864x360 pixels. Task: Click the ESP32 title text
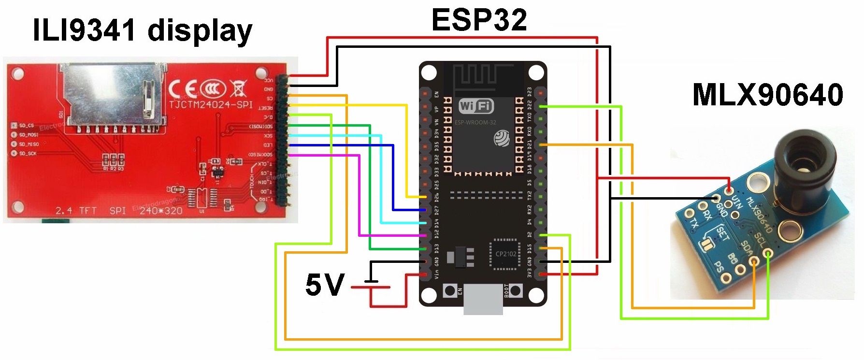pyautogui.click(x=479, y=20)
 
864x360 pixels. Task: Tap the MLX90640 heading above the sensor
pyautogui.click(x=767, y=95)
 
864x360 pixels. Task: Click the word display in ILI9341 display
pyautogui.click(x=200, y=31)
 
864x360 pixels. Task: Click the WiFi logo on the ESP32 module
pyautogui.click(x=476, y=106)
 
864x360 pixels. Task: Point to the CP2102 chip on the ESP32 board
pyautogui.click(x=505, y=254)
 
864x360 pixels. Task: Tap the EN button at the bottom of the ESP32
pyautogui.click(x=450, y=291)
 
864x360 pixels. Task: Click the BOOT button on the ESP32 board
pyautogui.click(x=516, y=291)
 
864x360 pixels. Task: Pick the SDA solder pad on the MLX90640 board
pyautogui.click(x=754, y=262)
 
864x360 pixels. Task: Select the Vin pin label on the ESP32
pyautogui.click(x=436, y=274)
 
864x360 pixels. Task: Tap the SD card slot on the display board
pyautogui.click(x=111, y=94)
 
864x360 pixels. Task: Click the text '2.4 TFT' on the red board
pyautogui.click(x=76, y=211)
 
